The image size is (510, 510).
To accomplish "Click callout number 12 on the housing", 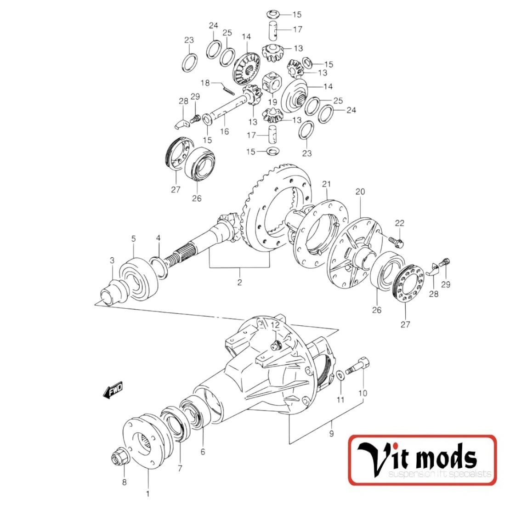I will [x=275, y=325].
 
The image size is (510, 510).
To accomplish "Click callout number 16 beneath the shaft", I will [x=224, y=131].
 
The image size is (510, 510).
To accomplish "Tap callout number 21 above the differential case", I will [x=326, y=184].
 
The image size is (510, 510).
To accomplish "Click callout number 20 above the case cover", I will [x=360, y=192].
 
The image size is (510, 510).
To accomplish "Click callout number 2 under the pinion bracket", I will [x=239, y=282].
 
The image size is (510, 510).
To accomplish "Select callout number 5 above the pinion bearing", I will [x=134, y=238].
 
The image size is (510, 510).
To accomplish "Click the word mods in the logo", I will [x=444, y=459].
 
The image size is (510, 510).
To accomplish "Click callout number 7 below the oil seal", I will [x=180, y=469].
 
